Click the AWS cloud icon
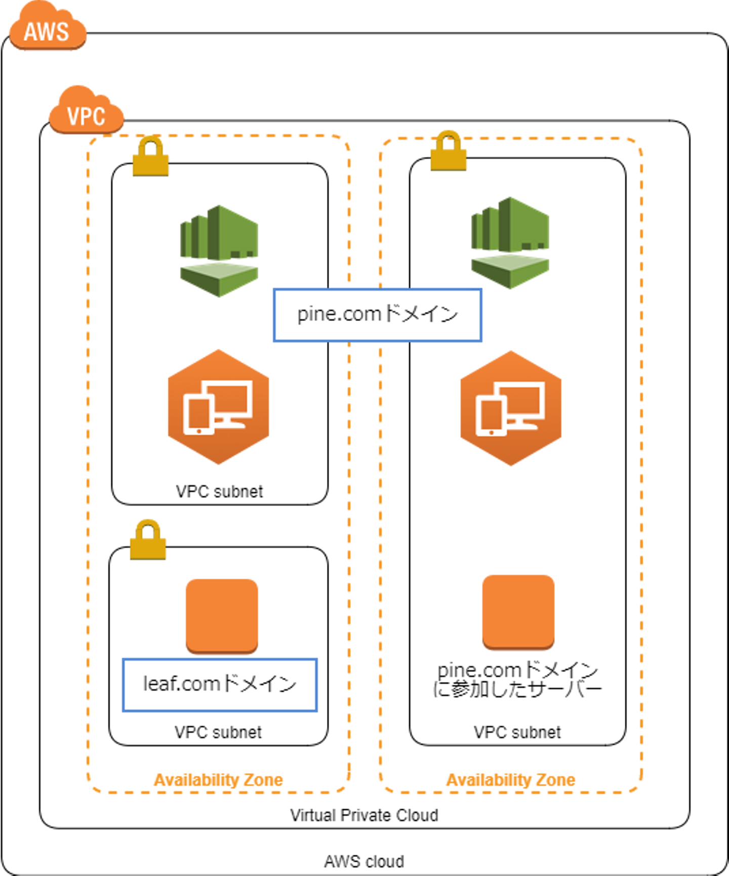pyautogui.click(x=47, y=30)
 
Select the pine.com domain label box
pyautogui.click(x=377, y=315)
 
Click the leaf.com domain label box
pyautogui.click(x=220, y=685)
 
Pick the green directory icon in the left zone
pyautogui.click(x=219, y=251)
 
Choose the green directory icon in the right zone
pyautogui.click(x=510, y=243)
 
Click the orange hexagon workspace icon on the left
pyautogui.click(x=218, y=407)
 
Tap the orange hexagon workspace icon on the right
pyautogui.click(x=510, y=408)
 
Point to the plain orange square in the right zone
pyautogui.click(x=518, y=612)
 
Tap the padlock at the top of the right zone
pyautogui.click(x=449, y=151)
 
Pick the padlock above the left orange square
pyautogui.click(x=148, y=540)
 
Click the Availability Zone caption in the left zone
pyautogui.click(x=219, y=780)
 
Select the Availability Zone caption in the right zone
pyautogui.click(x=511, y=780)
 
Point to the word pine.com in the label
pyautogui.click(x=339, y=314)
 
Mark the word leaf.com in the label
pyautogui.click(x=181, y=684)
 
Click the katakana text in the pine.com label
pyautogui.click(x=421, y=314)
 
